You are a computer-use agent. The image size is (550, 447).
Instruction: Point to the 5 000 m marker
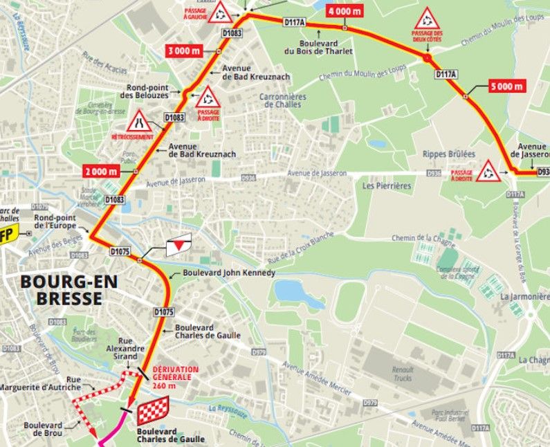point(506,86)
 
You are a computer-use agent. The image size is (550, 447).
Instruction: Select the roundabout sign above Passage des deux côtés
point(427,20)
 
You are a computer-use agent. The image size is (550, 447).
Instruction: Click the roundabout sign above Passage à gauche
point(221,11)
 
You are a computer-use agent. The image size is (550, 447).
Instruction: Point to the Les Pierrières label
point(387,186)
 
